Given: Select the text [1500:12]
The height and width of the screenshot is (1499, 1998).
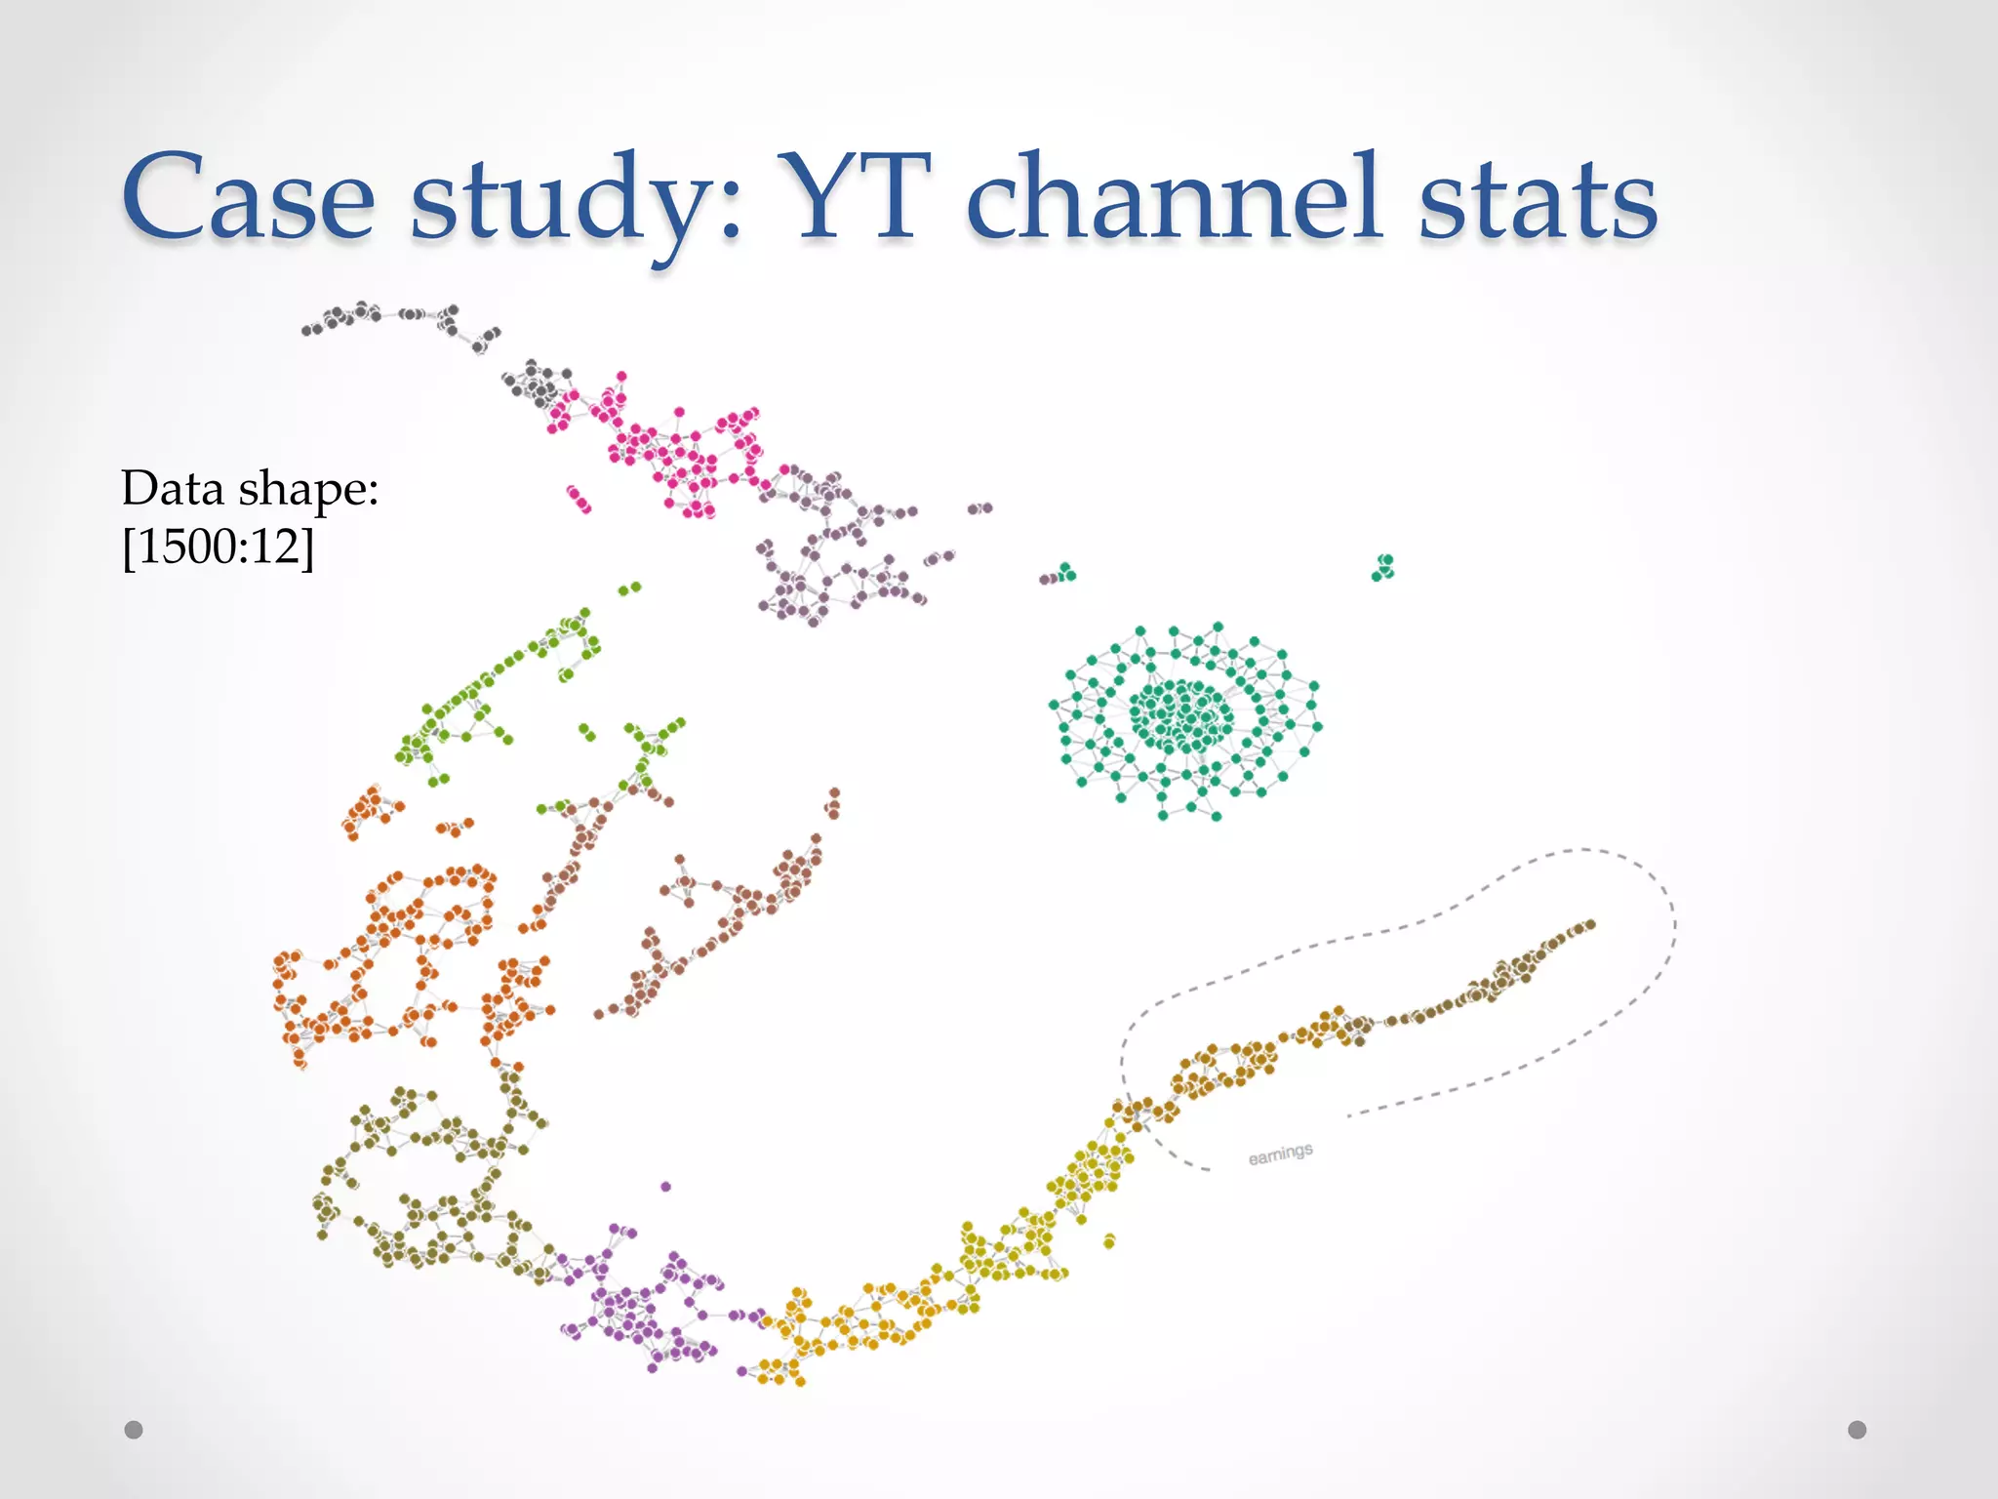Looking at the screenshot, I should (x=218, y=547).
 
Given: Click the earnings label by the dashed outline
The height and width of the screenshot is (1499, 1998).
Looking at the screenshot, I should (x=1280, y=1155).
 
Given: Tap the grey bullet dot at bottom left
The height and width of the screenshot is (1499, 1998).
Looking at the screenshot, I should (x=134, y=1430).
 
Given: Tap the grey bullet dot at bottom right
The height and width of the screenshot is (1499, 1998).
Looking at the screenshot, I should (x=1857, y=1430).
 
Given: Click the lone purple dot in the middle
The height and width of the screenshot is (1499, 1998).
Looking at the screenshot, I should (x=665, y=1187).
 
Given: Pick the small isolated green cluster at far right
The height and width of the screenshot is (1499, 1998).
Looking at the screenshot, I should (x=1383, y=567).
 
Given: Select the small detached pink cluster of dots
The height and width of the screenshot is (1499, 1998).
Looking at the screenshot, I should (x=579, y=500).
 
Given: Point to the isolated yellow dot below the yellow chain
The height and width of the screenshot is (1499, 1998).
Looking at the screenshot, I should (x=1109, y=1241).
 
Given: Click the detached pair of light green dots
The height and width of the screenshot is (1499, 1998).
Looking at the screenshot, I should (x=630, y=588).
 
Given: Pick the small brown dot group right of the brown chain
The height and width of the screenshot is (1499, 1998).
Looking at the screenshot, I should (x=833, y=804).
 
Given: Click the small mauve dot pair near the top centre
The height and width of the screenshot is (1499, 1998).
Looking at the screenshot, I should (x=979, y=508).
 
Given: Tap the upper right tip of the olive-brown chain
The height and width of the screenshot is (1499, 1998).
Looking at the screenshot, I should (x=1589, y=924).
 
